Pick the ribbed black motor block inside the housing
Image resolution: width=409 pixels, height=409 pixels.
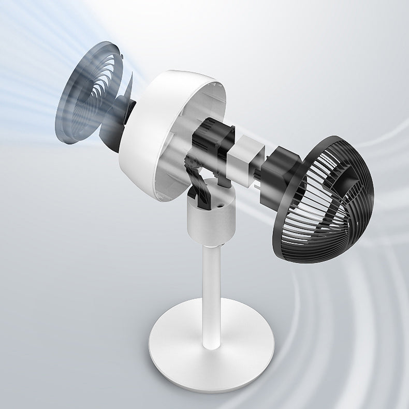pyautogui.click(x=207, y=140)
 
